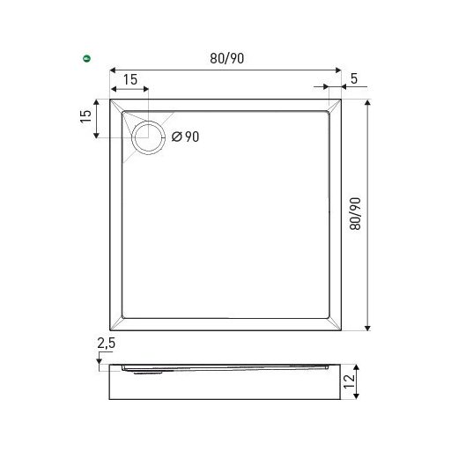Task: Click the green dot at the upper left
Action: point(86,58)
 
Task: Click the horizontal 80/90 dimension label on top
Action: point(226,58)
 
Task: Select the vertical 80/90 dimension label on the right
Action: point(355,213)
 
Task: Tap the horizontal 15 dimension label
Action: point(130,79)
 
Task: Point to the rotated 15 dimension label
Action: point(85,116)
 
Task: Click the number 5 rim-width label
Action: point(354,78)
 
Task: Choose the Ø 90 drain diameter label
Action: point(185,137)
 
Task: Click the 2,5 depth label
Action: point(107,344)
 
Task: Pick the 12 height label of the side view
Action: point(349,381)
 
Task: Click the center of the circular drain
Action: point(148,137)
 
